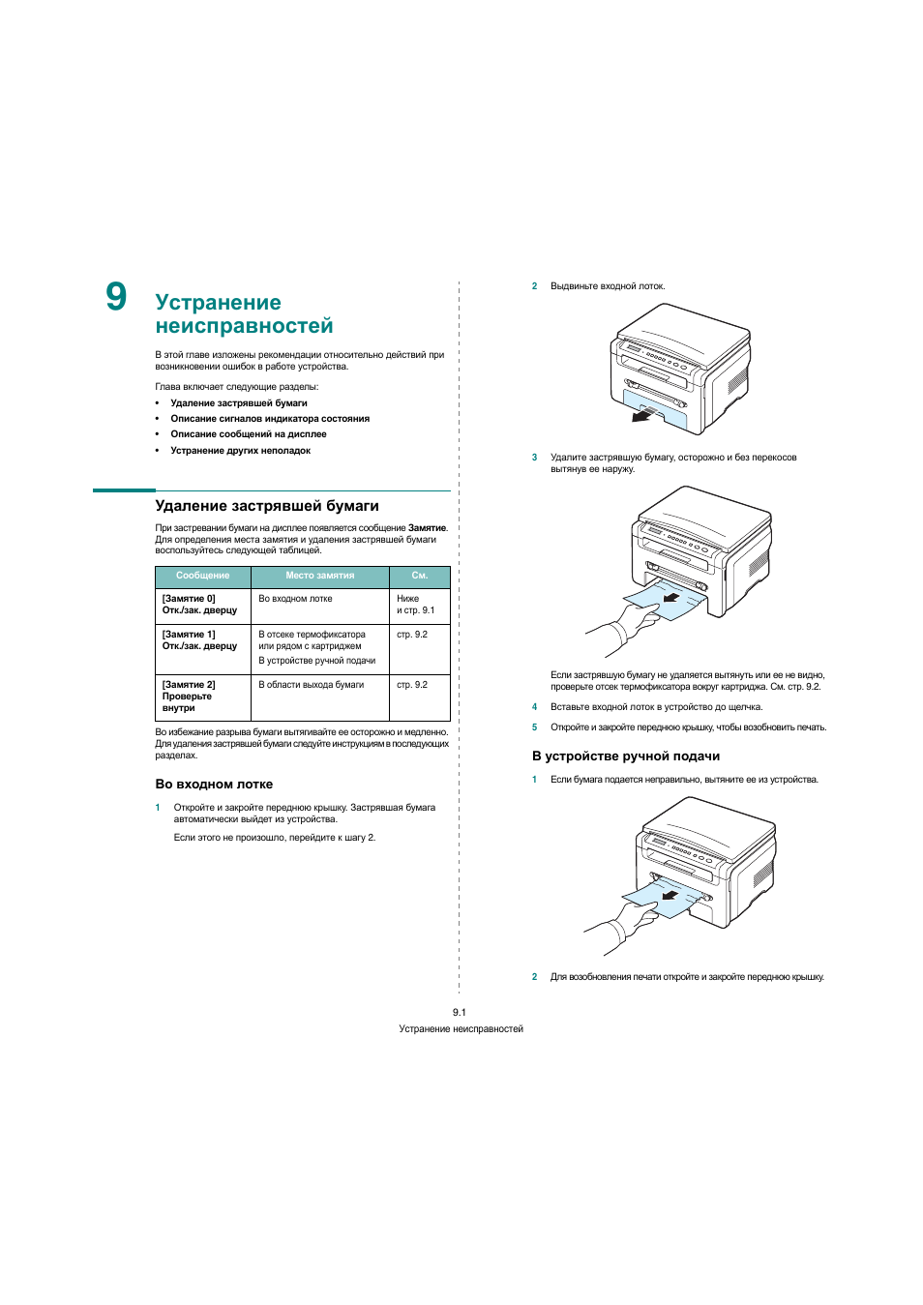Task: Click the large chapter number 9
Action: [116, 297]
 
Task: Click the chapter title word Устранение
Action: [218, 303]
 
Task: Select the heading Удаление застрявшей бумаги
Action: [267, 506]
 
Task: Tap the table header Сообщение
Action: [202, 576]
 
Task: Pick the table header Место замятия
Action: [319, 576]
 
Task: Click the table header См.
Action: [419, 576]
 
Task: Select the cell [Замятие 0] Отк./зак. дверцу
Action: [199, 605]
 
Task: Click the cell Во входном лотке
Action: [295, 599]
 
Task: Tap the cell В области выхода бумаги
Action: [311, 685]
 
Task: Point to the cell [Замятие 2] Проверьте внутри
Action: [189, 697]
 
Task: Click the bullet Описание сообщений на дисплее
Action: [249, 434]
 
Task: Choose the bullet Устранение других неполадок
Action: [241, 451]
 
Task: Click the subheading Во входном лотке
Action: [214, 785]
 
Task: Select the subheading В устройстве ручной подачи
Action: [625, 756]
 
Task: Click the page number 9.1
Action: [460, 1012]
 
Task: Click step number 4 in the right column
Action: [534, 707]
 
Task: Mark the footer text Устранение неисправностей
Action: [461, 1029]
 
